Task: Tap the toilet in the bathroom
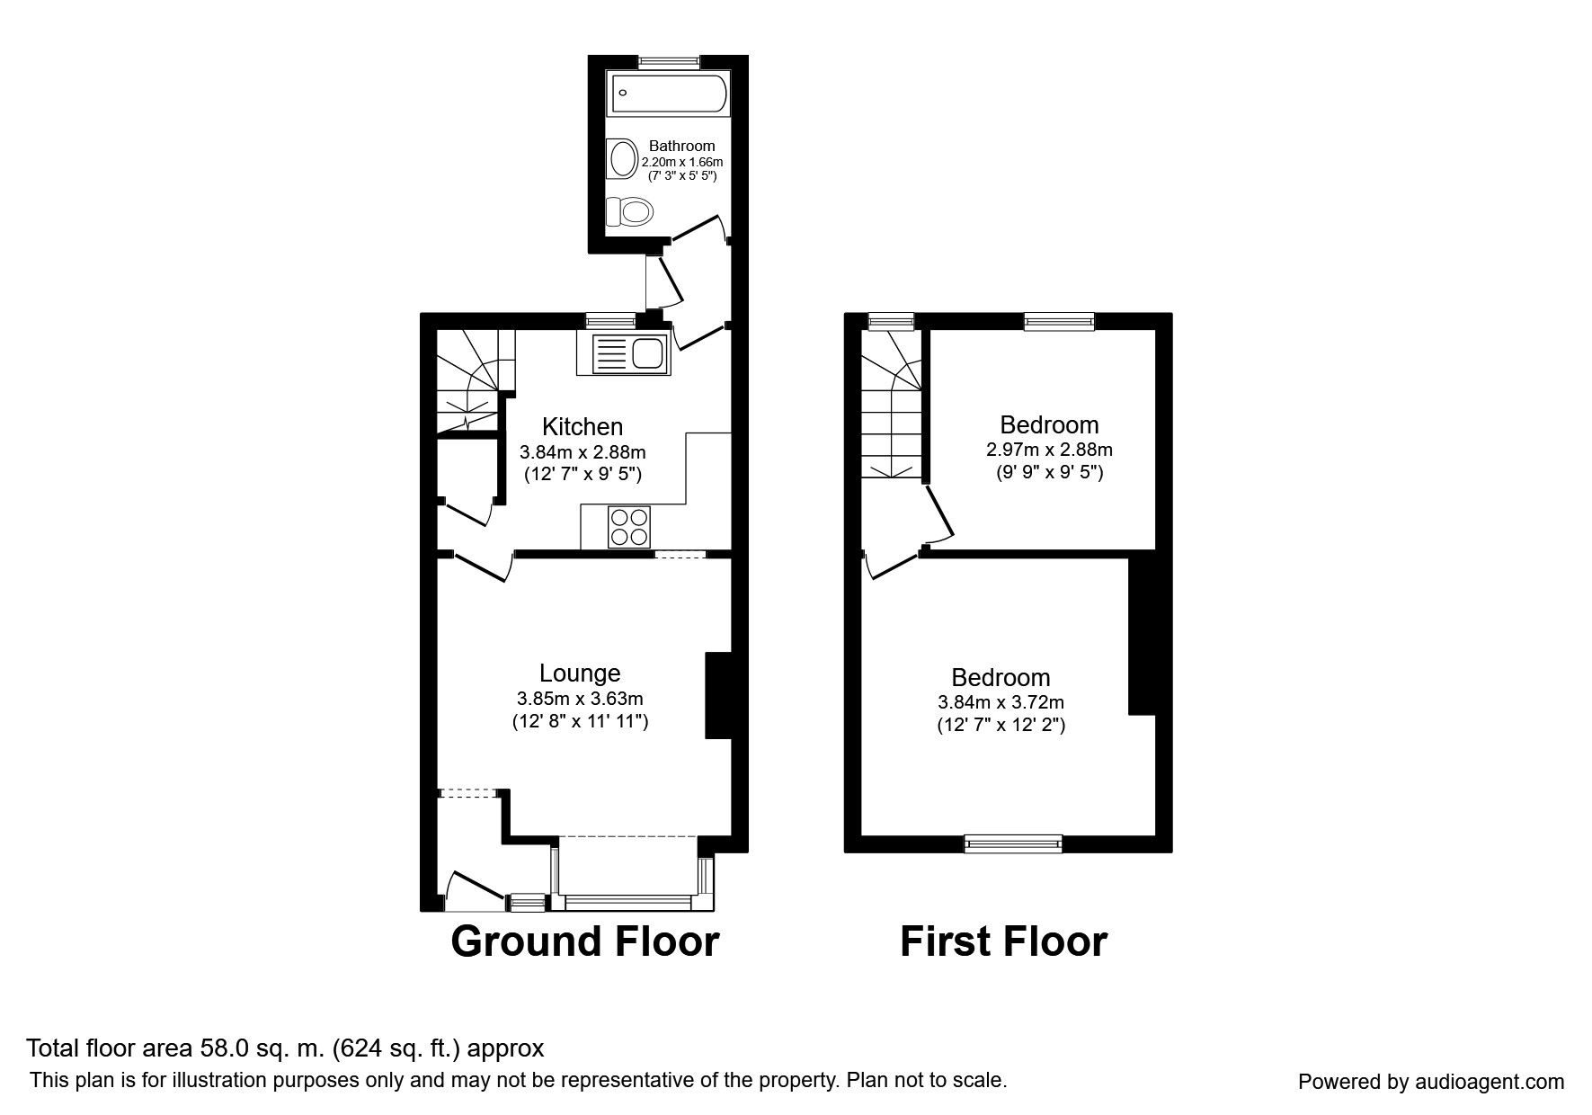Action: click(628, 212)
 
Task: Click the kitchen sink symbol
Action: click(622, 353)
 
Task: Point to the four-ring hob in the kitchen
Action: click(629, 527)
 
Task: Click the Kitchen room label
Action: click(583, 426)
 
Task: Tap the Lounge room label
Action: click(580, 673)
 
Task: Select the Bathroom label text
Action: click(682, 146)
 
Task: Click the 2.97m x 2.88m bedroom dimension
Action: click(1050, 450)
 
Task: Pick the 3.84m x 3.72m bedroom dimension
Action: click(1001, 702)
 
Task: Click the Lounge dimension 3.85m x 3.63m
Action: click(580, 698)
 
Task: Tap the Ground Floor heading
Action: click(585, 941)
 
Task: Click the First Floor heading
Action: click(1004, 941)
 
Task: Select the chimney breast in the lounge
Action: click(719, 696)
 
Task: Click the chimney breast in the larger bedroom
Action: click(1142, 636)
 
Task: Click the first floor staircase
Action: click(892, 403)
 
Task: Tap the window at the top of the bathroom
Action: click(670, 61)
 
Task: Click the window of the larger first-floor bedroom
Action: click(1013, 843)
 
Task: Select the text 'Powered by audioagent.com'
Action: click(1431, 1082)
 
